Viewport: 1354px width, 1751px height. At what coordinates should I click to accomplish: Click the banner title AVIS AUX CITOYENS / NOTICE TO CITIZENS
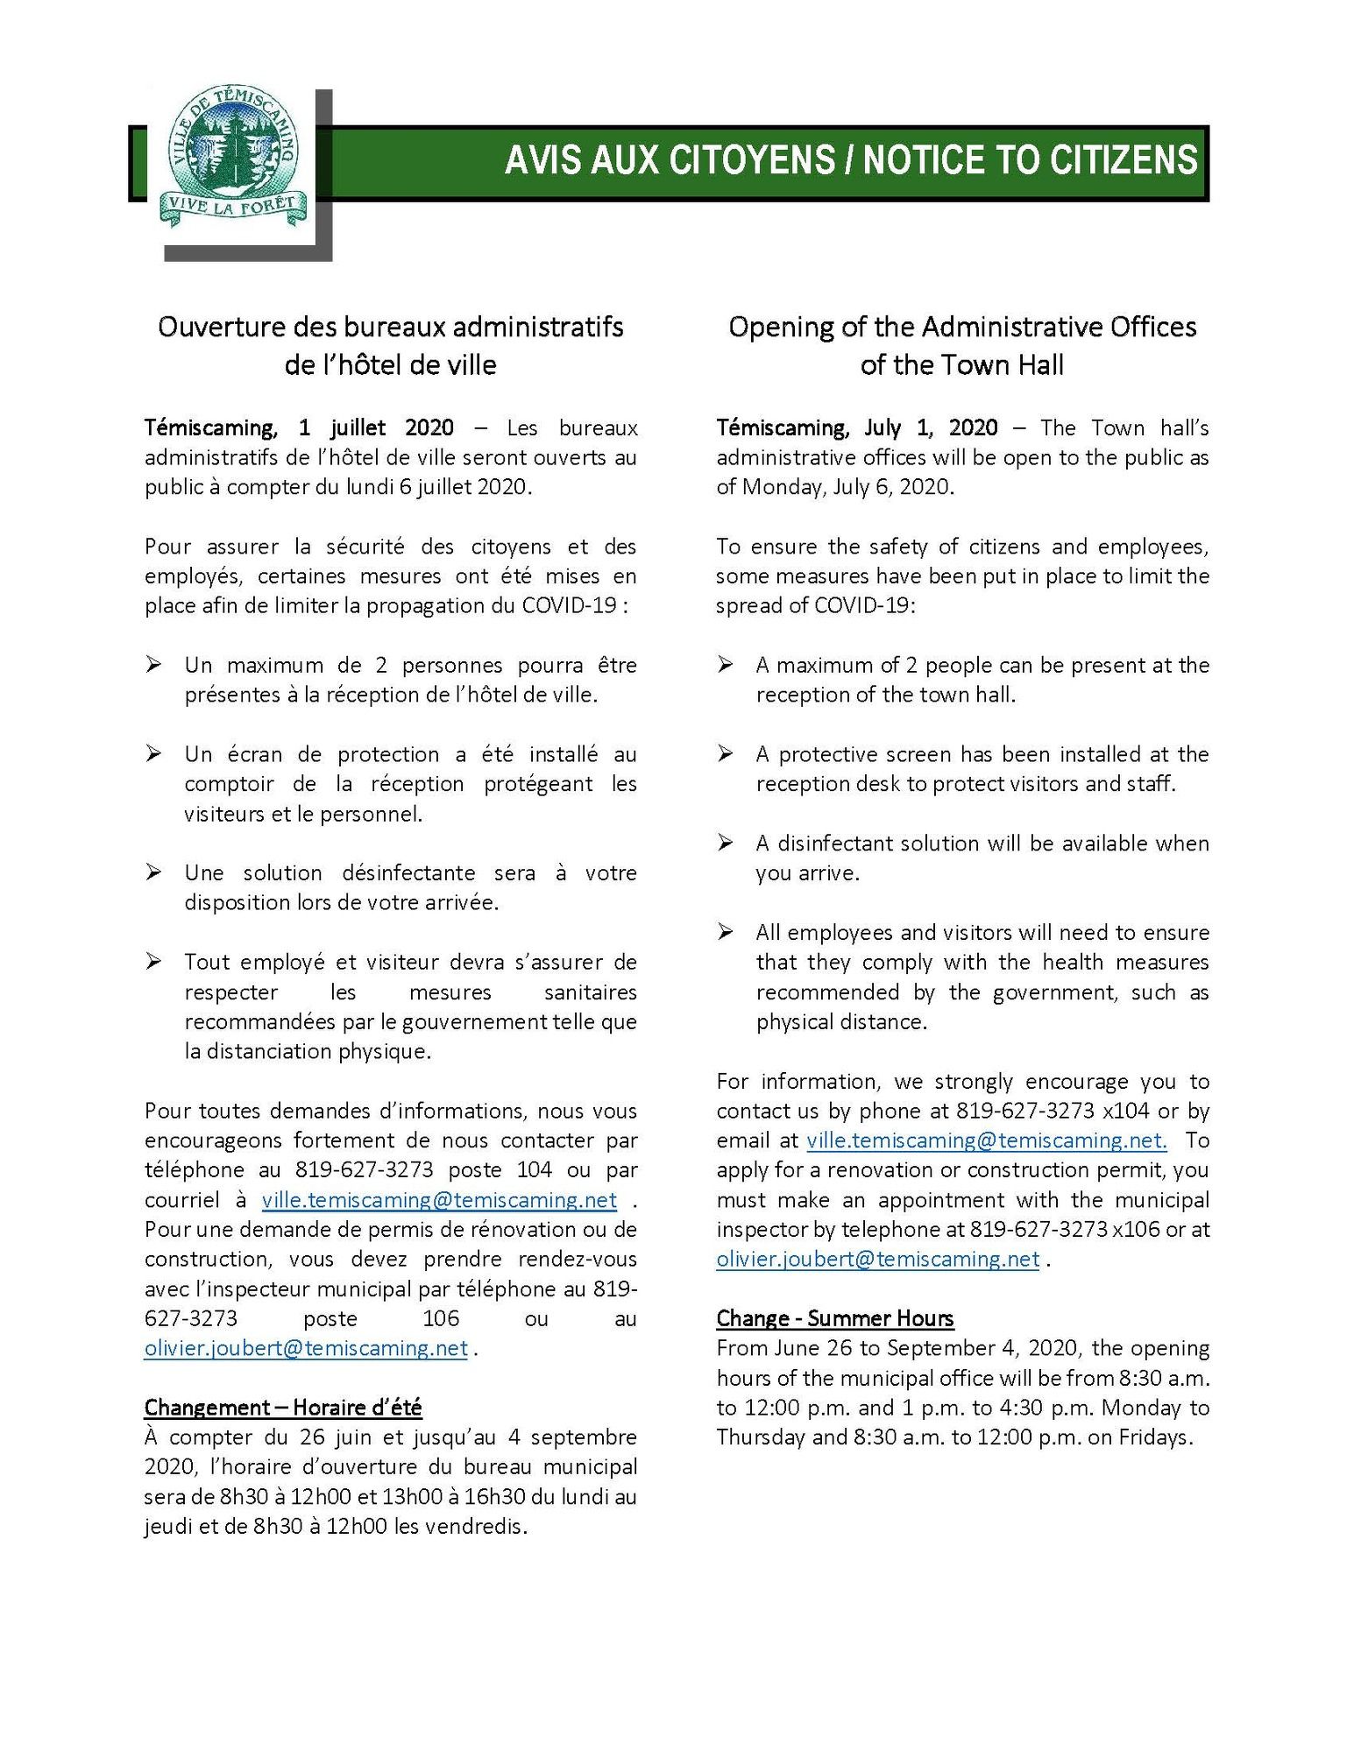[x=851, y=160]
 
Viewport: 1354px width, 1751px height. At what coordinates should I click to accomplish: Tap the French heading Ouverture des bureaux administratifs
[x=390, y=327]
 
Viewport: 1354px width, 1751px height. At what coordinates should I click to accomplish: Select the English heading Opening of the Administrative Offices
[x=961, y=327]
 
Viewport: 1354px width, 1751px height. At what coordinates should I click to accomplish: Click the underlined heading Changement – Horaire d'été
[x=283, y=1407]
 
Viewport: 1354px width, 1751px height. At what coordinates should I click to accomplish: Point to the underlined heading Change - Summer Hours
[x=834, y=1318]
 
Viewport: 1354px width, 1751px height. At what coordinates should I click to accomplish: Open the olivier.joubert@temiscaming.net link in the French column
[x=306, y=1348]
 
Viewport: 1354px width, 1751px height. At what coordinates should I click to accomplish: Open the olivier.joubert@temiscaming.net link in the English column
[x=877, y=1259]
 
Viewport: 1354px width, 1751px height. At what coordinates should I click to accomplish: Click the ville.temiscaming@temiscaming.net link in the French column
[x=439, y=1199]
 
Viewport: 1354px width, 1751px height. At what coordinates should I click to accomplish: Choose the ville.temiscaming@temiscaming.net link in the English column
[x=986, y=1140]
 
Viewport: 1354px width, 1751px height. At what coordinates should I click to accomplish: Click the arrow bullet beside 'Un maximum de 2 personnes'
[x=153, y=665]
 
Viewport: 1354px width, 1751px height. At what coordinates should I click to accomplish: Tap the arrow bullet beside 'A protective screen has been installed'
[x=725, y=754]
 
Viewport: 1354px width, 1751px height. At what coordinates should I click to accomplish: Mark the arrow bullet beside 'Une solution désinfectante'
[x=153, y=872]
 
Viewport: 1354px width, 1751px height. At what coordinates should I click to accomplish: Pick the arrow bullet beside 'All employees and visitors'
[x=725, y=932]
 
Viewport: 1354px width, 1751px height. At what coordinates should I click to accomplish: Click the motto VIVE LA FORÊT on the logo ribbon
[x=232, y=208]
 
